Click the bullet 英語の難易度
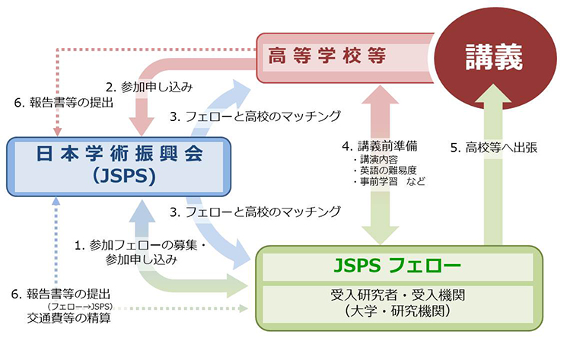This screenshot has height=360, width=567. coord(389,171)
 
